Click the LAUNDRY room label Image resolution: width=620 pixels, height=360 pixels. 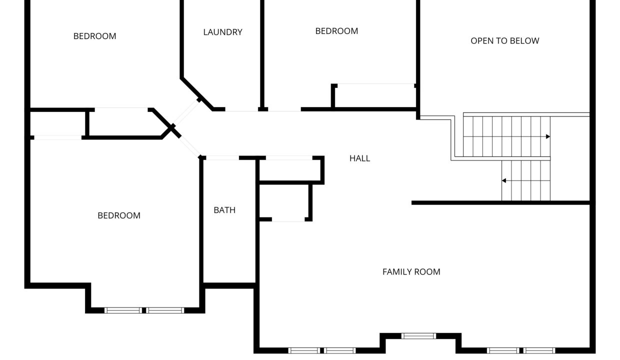tap(223, 32)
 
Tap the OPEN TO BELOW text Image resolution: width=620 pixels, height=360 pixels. tap(505, 41)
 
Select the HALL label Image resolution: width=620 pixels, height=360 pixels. tap(359, 158)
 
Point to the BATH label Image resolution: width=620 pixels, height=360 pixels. tap(224, 210)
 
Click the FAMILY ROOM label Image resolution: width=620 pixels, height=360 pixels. tap(411, 272)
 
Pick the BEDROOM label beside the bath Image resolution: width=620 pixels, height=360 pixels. tap(119, 215)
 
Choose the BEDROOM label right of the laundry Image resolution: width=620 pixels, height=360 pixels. tap(336, 31)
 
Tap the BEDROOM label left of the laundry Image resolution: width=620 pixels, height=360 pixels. tap(94, 36)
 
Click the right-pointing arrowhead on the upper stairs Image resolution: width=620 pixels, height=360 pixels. tap(548, 136)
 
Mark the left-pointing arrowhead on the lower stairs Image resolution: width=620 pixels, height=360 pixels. tap(504, 180)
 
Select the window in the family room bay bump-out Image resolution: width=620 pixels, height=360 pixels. tap(419, 336)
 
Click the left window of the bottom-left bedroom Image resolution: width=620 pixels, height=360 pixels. tap(123, 310)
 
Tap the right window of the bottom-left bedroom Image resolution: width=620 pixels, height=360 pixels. tap(165, 310)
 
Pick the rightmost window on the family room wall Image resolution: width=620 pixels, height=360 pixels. tap(539, 350)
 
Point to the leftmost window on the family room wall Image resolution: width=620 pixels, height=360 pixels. tap(304, 350)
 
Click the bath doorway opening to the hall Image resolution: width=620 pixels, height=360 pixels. tap(222, 158)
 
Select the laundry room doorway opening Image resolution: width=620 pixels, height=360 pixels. tap(241, 109)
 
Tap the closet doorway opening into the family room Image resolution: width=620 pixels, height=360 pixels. tap(288, 219)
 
